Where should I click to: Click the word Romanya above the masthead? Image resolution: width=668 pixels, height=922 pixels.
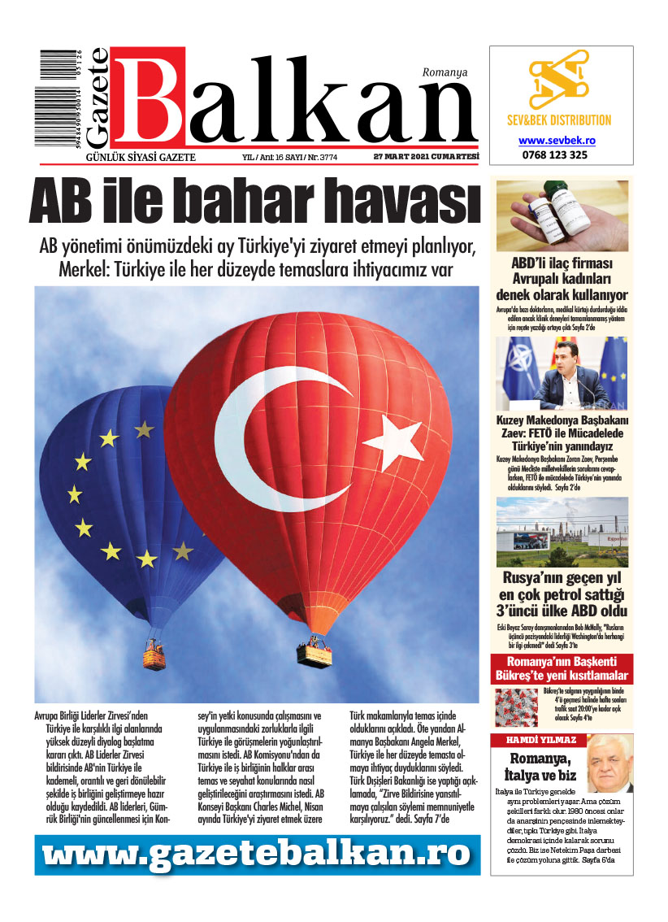445,72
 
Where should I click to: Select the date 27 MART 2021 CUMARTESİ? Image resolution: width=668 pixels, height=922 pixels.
426,157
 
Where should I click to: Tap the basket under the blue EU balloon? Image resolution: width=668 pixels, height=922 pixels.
155,655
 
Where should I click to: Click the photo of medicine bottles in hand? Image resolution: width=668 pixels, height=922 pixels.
562,215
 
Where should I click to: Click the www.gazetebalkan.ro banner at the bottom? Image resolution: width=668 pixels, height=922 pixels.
257,854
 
